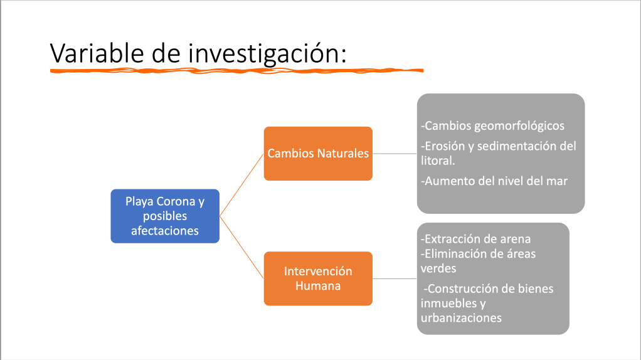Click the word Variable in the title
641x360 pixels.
pos(97,53)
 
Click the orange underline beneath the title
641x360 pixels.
pos(236,71)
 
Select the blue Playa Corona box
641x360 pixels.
pos(165,216)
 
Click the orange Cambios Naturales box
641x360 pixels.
pos(318,154)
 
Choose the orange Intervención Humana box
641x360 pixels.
pos(318,278)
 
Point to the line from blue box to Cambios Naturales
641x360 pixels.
pos(241,185)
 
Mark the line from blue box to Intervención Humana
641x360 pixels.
pos(241,247)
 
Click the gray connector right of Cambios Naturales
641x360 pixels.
pos(395,154)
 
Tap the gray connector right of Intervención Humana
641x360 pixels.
pos(395,278)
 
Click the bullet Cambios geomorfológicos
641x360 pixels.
pos(492,126)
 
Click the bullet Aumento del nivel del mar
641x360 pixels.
pos(494,181)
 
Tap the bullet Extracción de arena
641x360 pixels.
pos(476,238)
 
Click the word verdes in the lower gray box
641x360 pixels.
pos(438,268)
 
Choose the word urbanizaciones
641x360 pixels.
pos(461,318)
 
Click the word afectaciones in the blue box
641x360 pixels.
pos(165,231)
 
